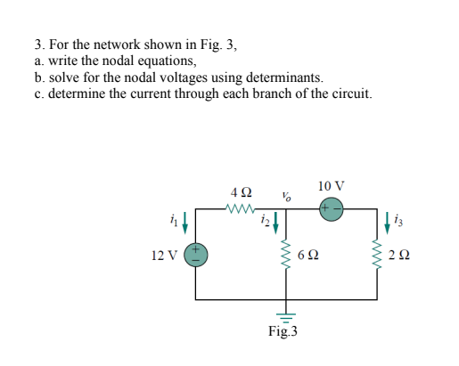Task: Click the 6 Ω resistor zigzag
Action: click(284, 256)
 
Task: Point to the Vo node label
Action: click(284, 195)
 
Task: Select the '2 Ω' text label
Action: click(400, 256)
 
